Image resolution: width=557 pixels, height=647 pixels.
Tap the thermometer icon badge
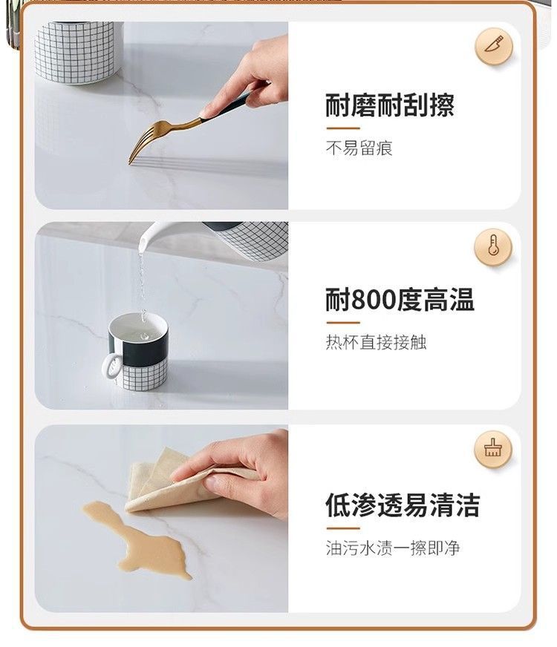pyautogui.click(x=493, y=247)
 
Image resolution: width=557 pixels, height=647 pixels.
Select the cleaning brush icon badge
pyautogui.click(x=493, y=449)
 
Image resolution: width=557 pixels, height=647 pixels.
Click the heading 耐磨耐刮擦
pyautogui.click(x=390, y=105)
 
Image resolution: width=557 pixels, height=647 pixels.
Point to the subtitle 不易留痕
pyautogui.click(x=359, y=148)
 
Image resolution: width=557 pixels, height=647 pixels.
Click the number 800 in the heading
pyautogui.click(x=374, y=300)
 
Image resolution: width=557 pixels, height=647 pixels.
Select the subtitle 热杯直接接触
pyautogui.click(x=376, y=342)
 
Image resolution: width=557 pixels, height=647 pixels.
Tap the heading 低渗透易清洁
pyautogui.click(x=403, y=505)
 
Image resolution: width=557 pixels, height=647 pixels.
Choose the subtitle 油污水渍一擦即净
pyautogui.click(x=393, y=548)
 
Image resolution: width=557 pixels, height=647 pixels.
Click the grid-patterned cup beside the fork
pyautogui.click(x=78, y=52)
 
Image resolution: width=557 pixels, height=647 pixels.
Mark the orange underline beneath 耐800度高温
pyautogui.click(x=343, y=323)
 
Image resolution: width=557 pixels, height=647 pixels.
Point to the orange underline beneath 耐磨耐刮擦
pyautogui.click(x=343, y=128)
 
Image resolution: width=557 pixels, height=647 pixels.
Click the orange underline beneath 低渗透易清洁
pyautogui.click(x=343, y=528)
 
